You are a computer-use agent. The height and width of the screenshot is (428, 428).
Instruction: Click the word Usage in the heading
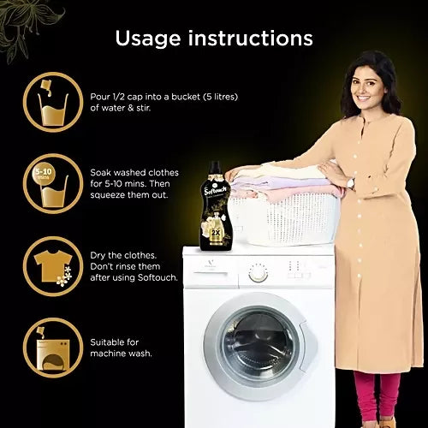click(148, 39)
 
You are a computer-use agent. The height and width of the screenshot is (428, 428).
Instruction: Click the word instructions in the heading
click(251, 38)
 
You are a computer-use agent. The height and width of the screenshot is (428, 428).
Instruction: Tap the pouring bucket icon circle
click(53, 102)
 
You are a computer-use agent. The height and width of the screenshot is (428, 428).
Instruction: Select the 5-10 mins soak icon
click(53, 184)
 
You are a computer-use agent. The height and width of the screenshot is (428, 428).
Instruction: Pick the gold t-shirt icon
click(53, 266)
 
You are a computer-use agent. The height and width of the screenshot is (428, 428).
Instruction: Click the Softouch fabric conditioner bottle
click(216, 206)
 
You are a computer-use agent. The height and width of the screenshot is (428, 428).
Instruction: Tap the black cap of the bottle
click(215, 167)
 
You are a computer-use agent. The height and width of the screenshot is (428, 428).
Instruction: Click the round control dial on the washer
click(258, 273)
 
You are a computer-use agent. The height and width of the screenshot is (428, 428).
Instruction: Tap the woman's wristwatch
click(352, 183)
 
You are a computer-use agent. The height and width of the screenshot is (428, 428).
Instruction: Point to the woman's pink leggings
click(377, 395)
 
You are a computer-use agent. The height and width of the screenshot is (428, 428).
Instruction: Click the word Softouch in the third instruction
click(158, 277)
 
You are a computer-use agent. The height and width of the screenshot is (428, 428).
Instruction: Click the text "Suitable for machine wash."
click(121, 348)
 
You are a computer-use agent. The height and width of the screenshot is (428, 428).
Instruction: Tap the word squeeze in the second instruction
click(108, 195)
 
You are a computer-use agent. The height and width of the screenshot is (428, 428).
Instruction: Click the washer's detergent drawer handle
click(211, 275)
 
